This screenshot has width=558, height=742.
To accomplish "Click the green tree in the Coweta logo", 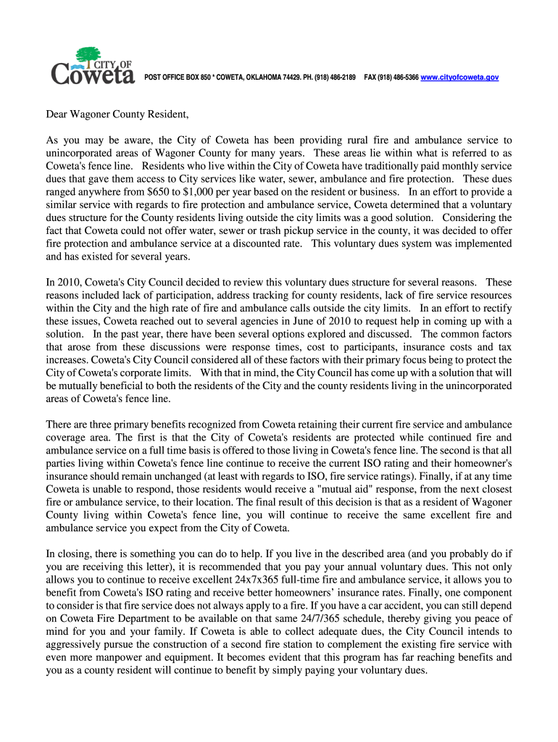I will [x=88, y=55].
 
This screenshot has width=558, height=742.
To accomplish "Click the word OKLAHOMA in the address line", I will [x=250, y=77].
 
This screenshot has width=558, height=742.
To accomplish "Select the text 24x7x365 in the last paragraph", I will [x=283, y=580].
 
